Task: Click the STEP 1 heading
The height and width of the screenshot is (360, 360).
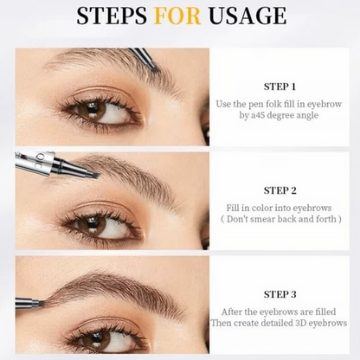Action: [x=280, y=87]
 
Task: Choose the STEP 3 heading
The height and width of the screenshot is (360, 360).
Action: [x=280, y=293]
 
